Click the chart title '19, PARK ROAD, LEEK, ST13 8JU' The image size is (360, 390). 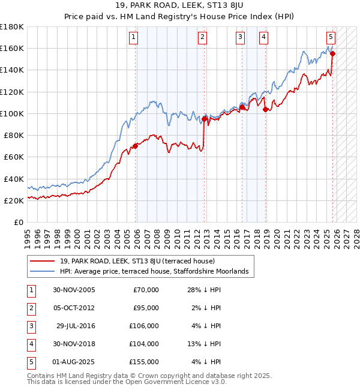[x=179, y=7]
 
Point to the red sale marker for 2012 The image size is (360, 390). [x=205, y=119]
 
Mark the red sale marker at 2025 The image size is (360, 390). [x=332, y=53]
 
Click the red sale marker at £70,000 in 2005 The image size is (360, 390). [x=136, y=146]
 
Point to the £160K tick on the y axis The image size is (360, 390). [x=12, y=48]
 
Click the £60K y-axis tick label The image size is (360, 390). [x=14, y=157]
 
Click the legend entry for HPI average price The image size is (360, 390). [x=154, y=272]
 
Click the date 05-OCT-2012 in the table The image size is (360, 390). [x=73, y=308]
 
